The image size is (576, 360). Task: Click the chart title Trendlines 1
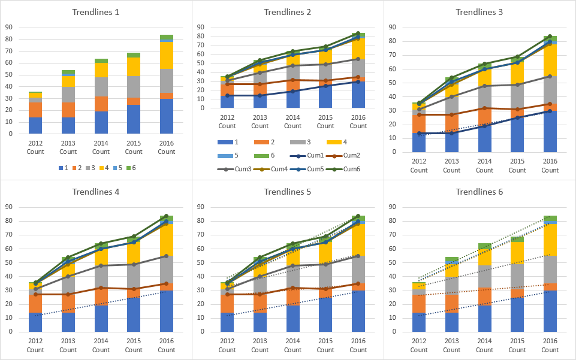click(95, 12)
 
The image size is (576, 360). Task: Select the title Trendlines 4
click(95, 192)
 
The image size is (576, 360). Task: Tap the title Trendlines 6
click(480, 192)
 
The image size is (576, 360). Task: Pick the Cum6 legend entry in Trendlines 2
click(352, 169)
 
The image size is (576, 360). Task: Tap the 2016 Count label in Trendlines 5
click(358, 346)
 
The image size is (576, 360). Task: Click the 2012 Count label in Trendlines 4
click(35, 346)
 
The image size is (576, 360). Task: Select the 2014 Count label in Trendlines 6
click(484, 346)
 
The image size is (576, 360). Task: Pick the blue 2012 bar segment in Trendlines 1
click(35, 125)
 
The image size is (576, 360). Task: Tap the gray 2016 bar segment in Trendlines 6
click(550, 270)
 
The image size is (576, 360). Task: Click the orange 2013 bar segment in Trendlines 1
click(68, 110)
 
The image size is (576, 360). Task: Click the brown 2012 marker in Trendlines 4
click(35, 294)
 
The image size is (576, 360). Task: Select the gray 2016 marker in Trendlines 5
click(358, 256)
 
